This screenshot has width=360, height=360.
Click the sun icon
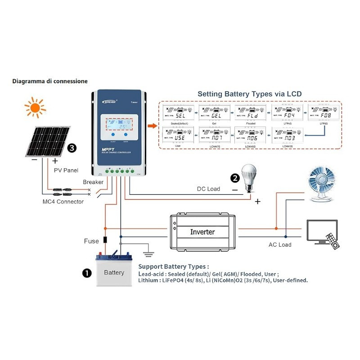tap(35, 108)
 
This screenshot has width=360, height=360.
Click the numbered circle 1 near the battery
tap(85, 273)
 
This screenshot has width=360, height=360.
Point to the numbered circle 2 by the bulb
tap(234, 178)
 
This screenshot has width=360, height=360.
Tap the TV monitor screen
tap(321, 230)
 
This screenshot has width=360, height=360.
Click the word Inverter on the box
tap(202, 232)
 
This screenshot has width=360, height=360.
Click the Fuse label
tap(91, 241)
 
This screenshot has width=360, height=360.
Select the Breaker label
tap(93, 182)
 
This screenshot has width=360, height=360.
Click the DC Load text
tap(208, 189)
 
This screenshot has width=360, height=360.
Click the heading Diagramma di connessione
tap(50, 81)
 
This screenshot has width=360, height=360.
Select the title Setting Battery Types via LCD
tap(249, 94)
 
